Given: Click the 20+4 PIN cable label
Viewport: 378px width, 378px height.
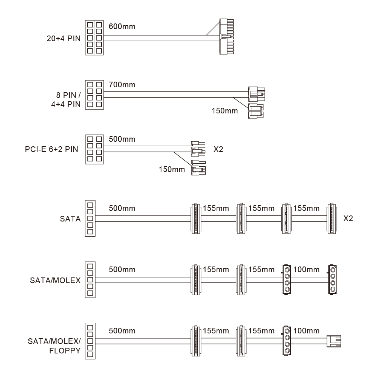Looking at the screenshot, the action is [64, 39].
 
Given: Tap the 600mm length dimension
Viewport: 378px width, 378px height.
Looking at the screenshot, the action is [122, 26].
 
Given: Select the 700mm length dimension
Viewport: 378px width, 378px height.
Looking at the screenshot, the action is [122, 85].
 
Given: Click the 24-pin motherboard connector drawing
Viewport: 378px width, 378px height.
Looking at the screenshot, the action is [226, 36].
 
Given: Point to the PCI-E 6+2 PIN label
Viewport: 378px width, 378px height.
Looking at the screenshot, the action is [51, 149].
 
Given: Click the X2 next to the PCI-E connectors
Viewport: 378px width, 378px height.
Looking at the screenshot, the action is [218, 149].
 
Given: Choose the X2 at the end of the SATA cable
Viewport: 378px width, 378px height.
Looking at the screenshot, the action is [348, 218].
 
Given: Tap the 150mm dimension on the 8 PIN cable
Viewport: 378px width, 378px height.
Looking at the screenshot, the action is [225, 111].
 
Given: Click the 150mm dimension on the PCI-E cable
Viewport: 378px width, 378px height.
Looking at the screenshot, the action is [172, 169].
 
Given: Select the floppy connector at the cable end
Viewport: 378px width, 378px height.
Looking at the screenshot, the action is [334, 341].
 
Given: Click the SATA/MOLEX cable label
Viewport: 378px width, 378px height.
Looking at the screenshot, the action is [55, 280].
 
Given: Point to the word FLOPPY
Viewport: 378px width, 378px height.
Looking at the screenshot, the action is [65, 350].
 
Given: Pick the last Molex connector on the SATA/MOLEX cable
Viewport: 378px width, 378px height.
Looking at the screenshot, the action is [332, 280].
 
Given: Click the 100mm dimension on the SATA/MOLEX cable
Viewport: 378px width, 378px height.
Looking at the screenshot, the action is [306, 270].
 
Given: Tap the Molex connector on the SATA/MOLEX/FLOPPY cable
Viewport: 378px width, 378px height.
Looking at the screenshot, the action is [287, 341].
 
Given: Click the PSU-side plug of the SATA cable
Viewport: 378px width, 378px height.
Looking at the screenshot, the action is [90, 218].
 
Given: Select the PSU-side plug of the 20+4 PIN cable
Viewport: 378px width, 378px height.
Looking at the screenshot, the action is [94, 37].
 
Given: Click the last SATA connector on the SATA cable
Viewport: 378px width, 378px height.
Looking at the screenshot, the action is [332, 218].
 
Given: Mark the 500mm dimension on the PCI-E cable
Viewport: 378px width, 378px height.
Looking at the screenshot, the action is [122, 139].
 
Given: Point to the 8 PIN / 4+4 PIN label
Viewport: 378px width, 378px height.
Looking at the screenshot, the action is [66, 100].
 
